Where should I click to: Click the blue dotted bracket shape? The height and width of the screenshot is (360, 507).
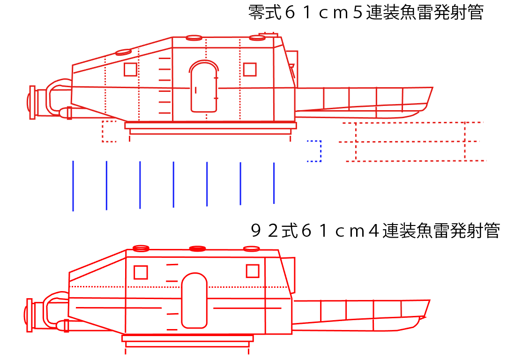pyautogui.click(x=321, y=151)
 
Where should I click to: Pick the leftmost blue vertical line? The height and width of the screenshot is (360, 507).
pyautogui.click(x=73, y=186)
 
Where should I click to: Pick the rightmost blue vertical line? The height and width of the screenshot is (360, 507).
pyautogui.click(x=274, y=183)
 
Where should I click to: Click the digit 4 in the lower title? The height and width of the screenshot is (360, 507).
pyautogui.click(x=374, y=231)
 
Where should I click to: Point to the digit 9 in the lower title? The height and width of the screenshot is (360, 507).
pyautogui.click(x=255, y=231)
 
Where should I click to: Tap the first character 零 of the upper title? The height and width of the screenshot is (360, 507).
pyautogui.click(x=257, y=13)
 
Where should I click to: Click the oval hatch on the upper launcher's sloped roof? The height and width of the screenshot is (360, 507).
pyautogui.click(x=124, y=52)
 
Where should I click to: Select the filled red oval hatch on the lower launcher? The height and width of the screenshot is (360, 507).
pyautogui.click(x=197, y=249)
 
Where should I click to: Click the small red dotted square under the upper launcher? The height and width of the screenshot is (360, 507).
pyautogui.click(x=109, y=131)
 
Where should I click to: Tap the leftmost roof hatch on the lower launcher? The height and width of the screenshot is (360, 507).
pyautogui.click(x=141, y=248)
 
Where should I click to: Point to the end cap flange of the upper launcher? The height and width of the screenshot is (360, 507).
pyautogui.click(x=32, y=103)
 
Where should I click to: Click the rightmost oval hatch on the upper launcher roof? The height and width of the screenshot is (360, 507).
pyautogui.click(x=257, y=38)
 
